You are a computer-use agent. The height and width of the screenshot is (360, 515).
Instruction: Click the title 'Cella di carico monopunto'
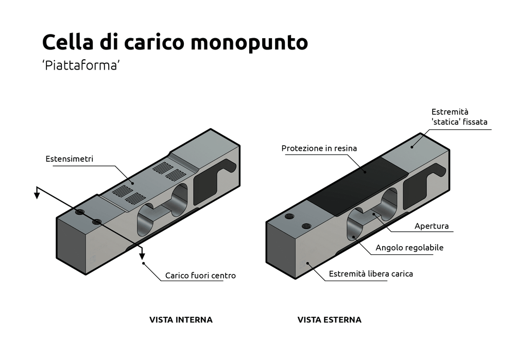click(x=175, y=43)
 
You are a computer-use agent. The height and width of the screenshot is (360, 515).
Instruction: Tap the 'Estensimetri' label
click(x=70, y=159)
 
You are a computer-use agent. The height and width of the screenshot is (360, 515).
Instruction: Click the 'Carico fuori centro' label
click(x=200, y=276)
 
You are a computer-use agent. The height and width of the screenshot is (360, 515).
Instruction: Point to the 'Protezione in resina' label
click(x=319, y=148)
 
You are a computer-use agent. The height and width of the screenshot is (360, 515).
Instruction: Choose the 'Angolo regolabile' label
click(x=409, y=248)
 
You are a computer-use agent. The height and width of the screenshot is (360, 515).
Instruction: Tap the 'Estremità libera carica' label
click(x=371, y=273)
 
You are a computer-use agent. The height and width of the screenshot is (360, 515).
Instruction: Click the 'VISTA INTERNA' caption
click(x=181, y=319)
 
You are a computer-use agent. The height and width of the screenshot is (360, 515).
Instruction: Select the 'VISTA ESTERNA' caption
click(x=329, y=319)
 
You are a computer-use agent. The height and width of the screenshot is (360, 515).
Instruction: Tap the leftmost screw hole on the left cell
click(x=79, y=212)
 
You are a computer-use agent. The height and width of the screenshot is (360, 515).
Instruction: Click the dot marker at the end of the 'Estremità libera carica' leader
click(x=308, y=263)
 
